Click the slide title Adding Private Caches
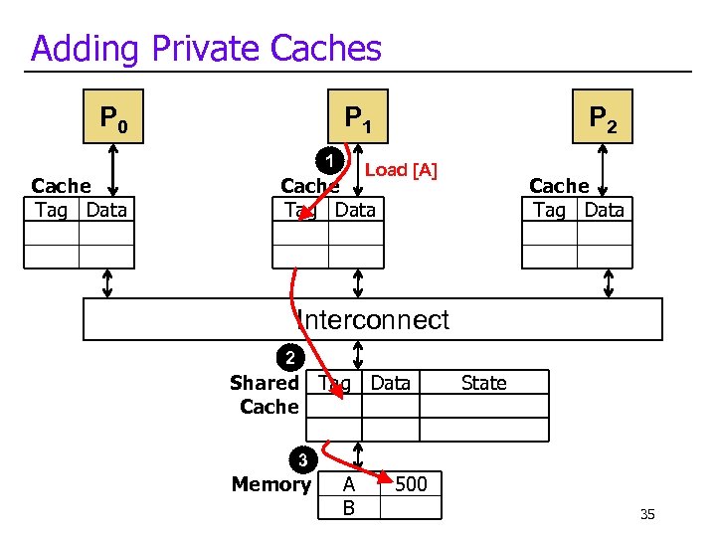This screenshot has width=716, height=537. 206,48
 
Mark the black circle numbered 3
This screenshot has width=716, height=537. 302,459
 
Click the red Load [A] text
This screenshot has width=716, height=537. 401,170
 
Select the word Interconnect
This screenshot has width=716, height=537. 373,320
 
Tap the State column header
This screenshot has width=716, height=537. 484,383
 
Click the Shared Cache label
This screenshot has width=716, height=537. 265,395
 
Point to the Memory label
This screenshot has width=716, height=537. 270,484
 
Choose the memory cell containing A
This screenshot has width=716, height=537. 348,484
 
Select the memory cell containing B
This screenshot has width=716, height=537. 348,508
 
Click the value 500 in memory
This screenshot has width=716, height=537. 411,484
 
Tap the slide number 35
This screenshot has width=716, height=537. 647,514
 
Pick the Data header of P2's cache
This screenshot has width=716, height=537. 604,210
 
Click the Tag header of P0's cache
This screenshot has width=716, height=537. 51,210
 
